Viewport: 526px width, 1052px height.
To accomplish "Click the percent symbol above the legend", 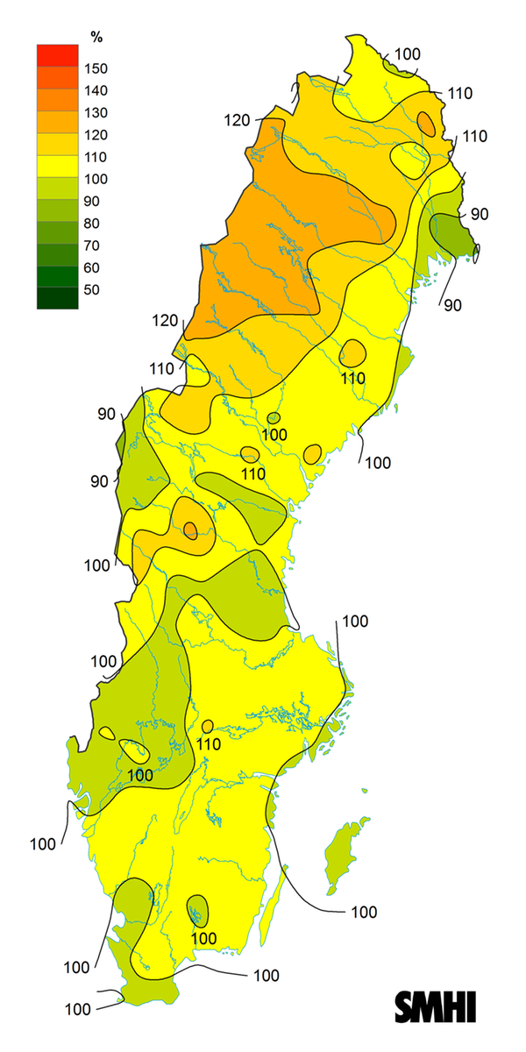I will tap(96, 36).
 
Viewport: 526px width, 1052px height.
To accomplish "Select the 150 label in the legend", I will tap(95, 68).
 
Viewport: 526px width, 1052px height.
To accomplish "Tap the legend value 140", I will tap(95, 90).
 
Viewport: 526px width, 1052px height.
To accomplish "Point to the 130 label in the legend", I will tap(95, 112).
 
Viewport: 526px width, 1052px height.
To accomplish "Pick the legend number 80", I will tap(92, 224).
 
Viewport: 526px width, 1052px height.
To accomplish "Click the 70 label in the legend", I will tap(92, 245).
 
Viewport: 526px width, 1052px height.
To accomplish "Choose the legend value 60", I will tap(92, 267).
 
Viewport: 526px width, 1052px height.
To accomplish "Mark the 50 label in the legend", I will tap(92, 290).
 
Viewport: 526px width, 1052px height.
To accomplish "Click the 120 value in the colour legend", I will tap(95, 135).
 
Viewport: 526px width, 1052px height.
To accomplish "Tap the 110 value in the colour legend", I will tap(95, 157).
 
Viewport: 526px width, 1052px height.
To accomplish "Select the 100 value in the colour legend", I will tap(95, 179).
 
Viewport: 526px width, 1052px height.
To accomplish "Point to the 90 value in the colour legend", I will tap(92, 201).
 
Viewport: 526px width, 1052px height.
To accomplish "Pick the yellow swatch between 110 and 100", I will tap(58, 167).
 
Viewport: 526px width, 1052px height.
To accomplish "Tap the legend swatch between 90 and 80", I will tap(58, 211).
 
